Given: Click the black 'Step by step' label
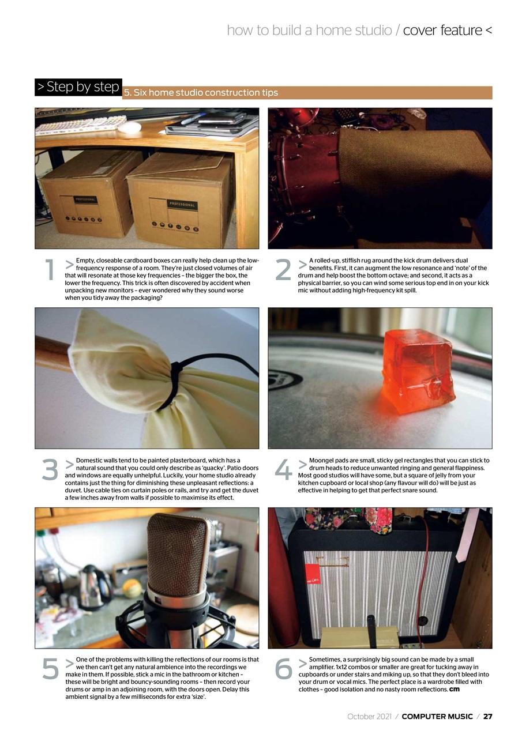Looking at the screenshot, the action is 78,87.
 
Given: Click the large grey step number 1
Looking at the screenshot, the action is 50,270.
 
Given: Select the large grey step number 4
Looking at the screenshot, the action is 283,469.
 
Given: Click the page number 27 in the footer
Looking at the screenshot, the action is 488,716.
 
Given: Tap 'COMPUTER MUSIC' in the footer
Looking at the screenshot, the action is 437,716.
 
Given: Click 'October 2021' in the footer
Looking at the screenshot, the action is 369,716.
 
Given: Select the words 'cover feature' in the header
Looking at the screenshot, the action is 442,31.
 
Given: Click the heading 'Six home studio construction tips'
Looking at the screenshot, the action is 206,93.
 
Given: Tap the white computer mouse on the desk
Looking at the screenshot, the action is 130,127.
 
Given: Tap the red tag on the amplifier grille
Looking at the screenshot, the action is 311,575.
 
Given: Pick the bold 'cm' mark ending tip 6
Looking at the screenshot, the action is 454,689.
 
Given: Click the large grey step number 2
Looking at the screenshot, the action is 283,270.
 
